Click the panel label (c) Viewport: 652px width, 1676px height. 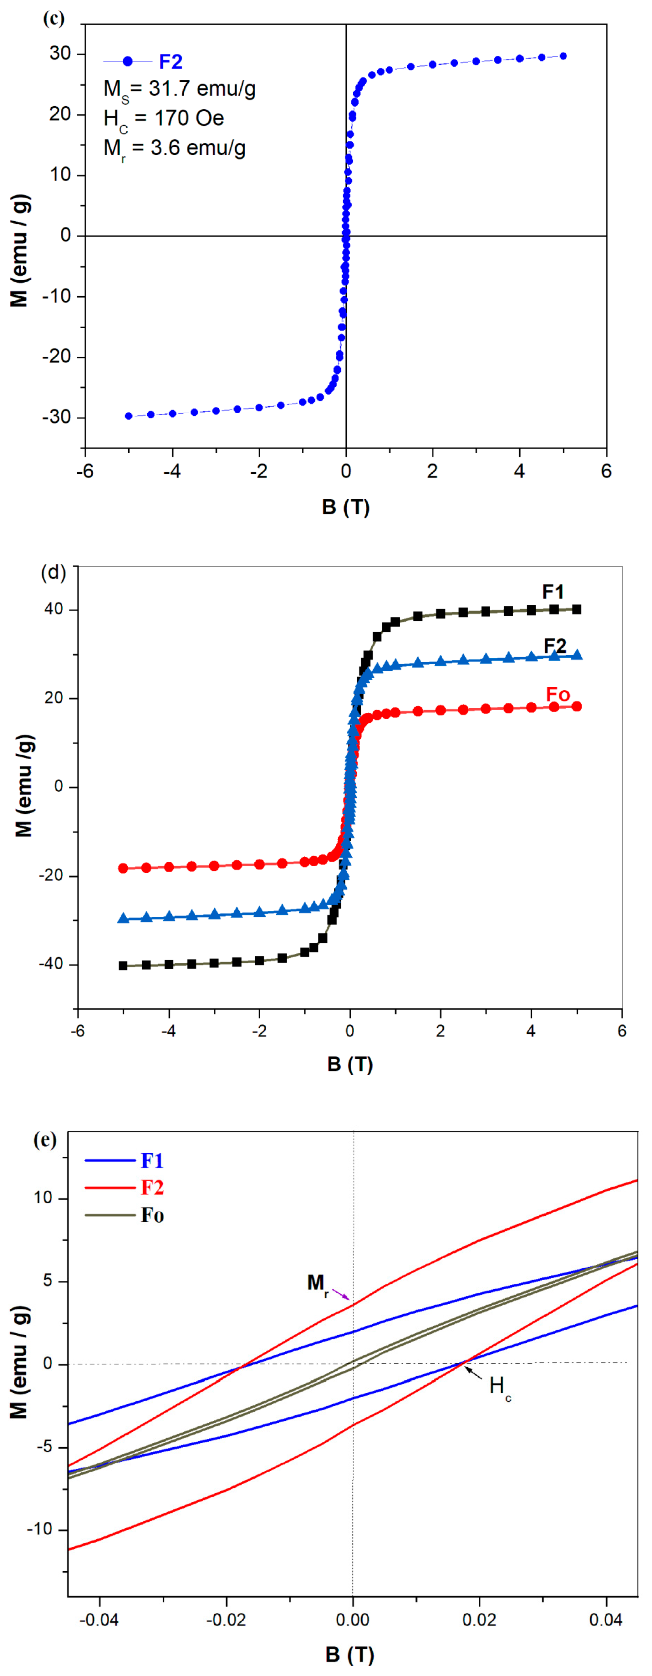click(54, 18)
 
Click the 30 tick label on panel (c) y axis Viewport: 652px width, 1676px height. click(60, 53)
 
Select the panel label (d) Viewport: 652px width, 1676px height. click(53, 573)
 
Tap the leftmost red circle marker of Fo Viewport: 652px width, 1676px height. click(123, 868)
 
